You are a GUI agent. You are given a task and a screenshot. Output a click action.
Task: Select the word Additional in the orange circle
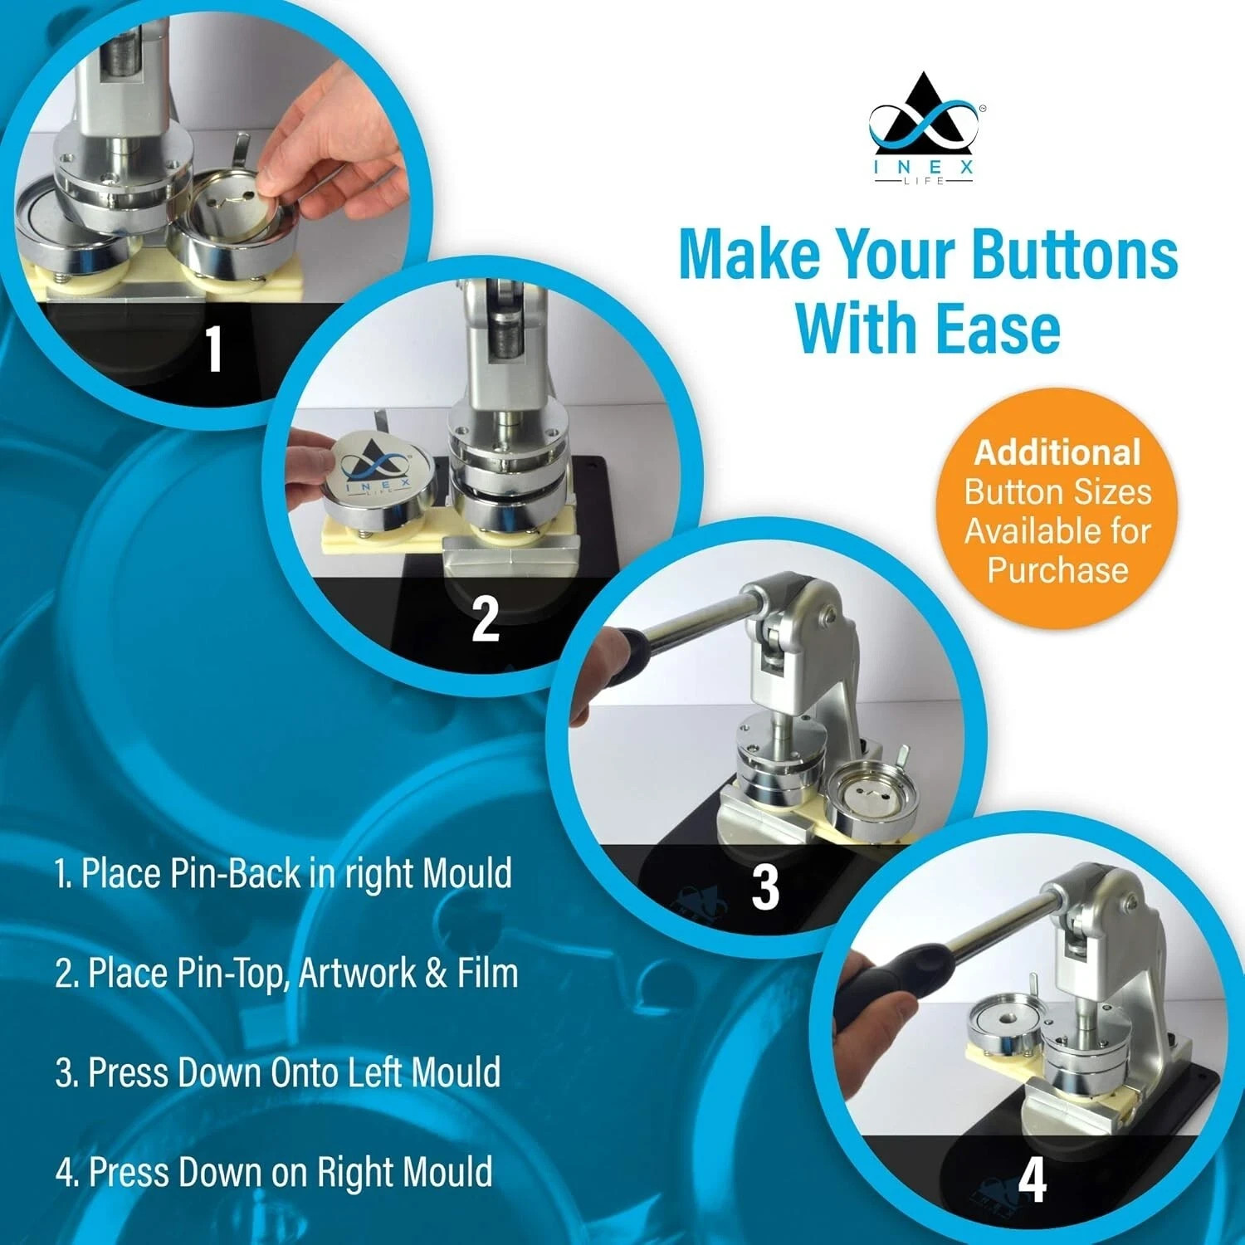click(x=1057, y=452)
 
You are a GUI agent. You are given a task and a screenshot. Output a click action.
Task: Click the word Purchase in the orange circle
click(x=1057, y=569)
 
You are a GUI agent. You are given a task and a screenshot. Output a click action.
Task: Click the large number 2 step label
click(x=486, y=618)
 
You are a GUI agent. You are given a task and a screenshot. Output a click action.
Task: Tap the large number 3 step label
click(x=764, y=886)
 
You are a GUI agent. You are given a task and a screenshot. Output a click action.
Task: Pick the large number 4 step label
click(x=1032, y=1179)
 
